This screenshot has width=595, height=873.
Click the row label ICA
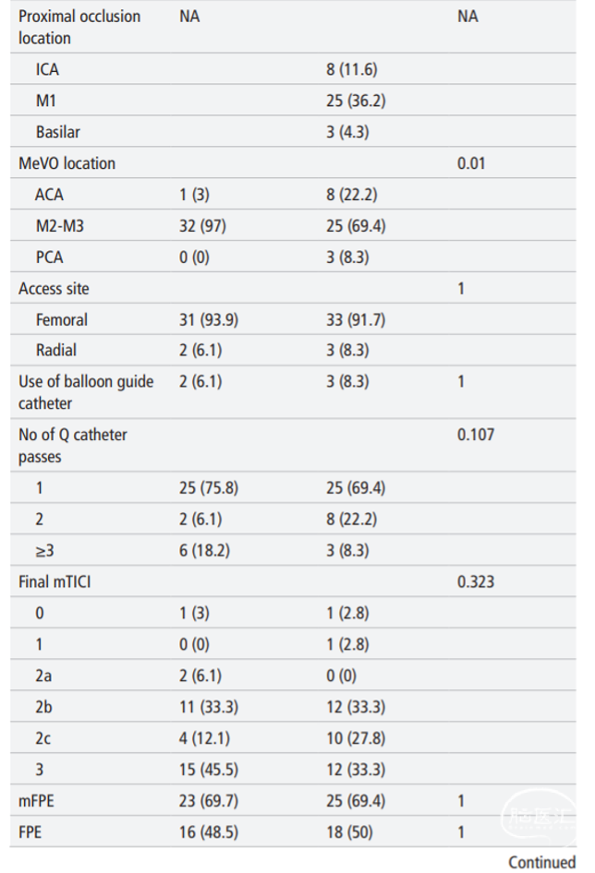47,69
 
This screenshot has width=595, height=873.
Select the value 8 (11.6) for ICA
352,69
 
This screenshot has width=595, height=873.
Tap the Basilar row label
58,132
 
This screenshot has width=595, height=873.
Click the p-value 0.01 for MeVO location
471,163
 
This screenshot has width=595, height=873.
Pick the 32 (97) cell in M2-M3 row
202,226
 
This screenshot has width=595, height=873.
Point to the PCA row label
50,257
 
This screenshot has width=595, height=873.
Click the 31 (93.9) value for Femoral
209,320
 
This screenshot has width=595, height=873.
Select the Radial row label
56,350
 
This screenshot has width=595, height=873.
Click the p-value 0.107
476,435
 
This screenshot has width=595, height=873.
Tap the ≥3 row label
45,551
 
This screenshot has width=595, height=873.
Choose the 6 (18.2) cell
204,551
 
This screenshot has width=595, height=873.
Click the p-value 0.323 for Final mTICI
476,581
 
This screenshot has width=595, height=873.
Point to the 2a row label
43,676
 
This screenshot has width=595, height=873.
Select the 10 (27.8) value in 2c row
356,738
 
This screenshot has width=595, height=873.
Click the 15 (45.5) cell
209,770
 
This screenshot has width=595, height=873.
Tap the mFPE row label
36,801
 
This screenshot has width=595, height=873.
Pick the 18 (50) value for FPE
349,832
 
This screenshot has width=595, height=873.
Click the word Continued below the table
542,863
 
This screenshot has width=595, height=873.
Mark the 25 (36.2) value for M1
356,101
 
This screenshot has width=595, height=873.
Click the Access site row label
54,289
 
